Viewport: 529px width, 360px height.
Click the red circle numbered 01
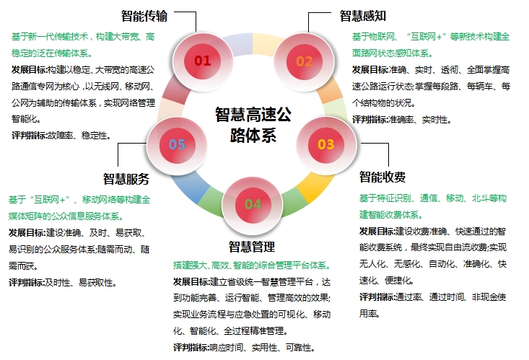click(202, 61)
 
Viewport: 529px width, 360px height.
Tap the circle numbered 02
click(305, 61)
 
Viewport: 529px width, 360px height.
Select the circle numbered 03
click(325, 144)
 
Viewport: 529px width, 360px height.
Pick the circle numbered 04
click(253, 204)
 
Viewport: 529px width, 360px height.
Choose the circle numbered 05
click(177, 144)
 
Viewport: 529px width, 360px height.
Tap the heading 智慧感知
click(364, 15)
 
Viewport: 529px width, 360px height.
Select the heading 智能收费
click(382, 177)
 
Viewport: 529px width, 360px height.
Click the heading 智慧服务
click(126, 180)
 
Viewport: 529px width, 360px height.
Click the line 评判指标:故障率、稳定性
click(61, 135)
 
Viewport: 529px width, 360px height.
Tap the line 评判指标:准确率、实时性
click(401, 119)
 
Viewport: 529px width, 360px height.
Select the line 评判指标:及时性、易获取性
click(62, 283)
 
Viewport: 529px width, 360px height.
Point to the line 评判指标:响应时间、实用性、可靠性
click(243, 348)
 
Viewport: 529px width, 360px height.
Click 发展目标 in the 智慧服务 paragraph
click(26, 232)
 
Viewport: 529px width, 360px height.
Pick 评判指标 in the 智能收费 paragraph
click(377, 297)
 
